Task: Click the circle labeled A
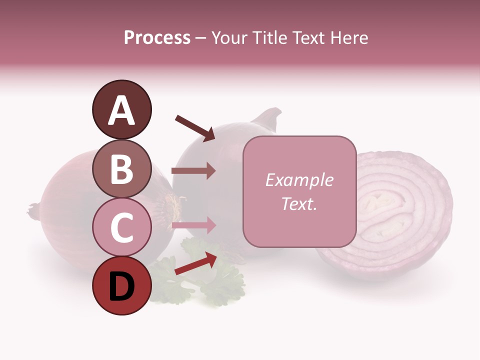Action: (x=121, y=110)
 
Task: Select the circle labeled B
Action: (x=121, y=169)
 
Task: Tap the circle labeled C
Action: (x=121, y=227)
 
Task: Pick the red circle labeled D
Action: (x=121, y=286)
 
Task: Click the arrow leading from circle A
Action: (x=195, y=127)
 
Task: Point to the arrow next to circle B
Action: (x=193, y=170)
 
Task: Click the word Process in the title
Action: (x=157, y=38)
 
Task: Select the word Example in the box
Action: (x=299, y=180)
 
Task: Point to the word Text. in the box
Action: (x=299, y=204)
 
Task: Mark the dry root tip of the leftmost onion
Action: (x=33, y=210)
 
